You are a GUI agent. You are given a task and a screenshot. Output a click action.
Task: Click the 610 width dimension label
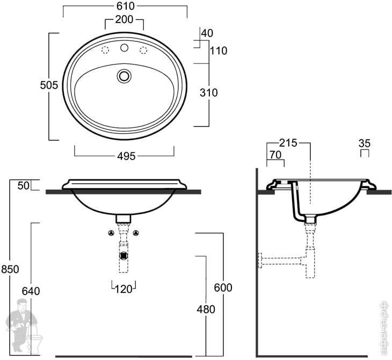pos(125,6)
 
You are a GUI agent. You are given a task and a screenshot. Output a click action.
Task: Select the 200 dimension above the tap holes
pos(124,21)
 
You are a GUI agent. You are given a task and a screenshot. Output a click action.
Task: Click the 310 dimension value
pos(208,93)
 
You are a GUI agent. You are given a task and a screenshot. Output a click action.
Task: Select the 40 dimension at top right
pos(207,33)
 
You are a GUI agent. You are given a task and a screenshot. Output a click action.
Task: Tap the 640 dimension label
pos(31,291)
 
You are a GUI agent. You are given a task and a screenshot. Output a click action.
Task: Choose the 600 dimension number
pos(223,287)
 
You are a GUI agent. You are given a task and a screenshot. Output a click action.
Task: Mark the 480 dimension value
pos(205,309)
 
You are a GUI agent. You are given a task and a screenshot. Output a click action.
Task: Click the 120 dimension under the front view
pos(124,289)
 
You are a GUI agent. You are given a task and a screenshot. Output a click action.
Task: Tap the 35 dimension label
pos(365,143)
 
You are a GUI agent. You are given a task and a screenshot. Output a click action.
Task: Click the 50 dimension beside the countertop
pos(23,185)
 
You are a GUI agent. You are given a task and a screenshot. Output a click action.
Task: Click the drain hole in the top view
pos(125,76)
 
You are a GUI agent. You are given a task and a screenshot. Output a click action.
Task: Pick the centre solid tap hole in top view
pos(125,49)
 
